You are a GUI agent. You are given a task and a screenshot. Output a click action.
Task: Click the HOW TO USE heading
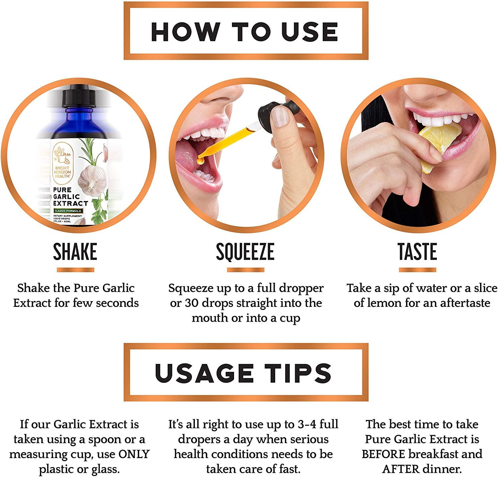point(245,32)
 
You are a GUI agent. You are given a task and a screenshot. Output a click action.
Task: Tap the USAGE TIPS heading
point(243,373)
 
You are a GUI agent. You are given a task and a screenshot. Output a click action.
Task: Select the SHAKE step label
point(75,251)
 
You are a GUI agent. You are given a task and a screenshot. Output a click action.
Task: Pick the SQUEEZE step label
point(245,251)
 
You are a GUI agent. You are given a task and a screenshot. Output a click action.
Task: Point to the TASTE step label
point(417,251)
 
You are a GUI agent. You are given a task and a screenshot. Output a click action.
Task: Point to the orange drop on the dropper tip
point(200,161)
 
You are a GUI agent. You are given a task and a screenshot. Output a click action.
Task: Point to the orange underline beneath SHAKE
point(75,270)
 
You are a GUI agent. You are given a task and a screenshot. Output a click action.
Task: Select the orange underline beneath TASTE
point(417,270)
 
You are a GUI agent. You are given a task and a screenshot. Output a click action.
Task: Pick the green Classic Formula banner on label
point(68,211)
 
